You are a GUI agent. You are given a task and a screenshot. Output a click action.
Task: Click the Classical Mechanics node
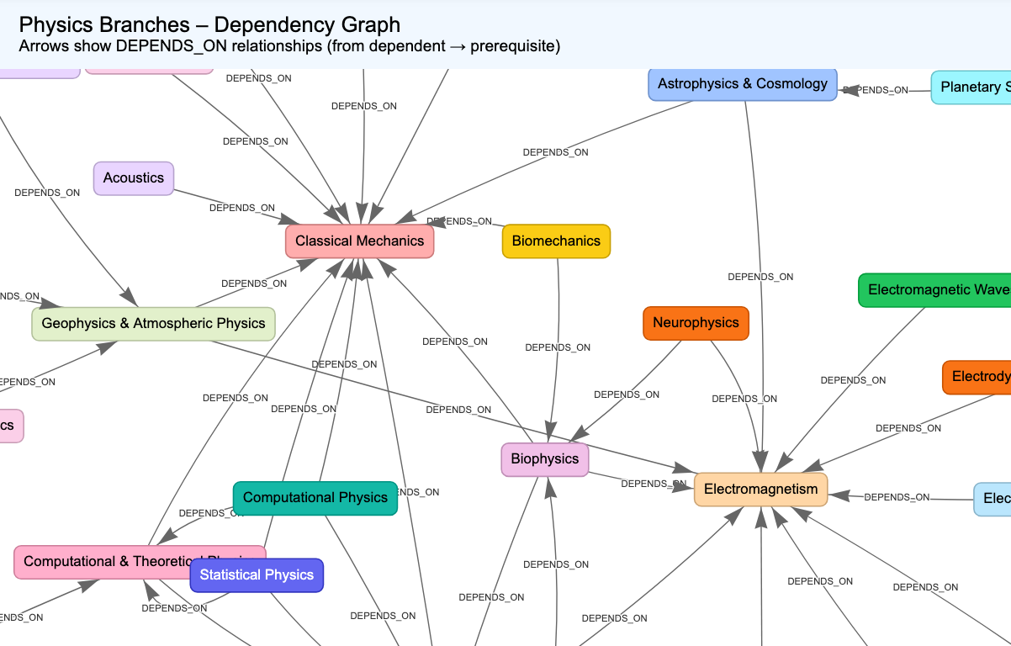click(359, 241)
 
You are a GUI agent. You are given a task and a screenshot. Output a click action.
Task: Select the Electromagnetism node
click(760, 490)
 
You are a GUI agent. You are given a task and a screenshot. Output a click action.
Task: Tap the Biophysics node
click(545, 459)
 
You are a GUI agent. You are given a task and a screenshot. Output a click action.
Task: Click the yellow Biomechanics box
click(556, 241)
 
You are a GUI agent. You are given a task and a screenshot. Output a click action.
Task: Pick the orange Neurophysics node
click(696, 323)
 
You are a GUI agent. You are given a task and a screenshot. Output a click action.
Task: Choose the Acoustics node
click(134, 178)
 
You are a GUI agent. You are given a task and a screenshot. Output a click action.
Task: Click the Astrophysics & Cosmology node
click(742, 84)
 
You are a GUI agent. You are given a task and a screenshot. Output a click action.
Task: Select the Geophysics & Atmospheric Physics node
click(153, 324)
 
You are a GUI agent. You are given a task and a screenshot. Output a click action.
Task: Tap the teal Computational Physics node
click(315, 498)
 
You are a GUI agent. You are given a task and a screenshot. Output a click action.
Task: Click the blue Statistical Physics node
click(257, 575)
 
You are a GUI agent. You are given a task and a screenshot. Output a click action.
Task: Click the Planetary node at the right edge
click(971, 87)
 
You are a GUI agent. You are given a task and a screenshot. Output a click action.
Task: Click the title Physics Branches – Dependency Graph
click(209, 25)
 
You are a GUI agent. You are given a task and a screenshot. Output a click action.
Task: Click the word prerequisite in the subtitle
click(515, 46)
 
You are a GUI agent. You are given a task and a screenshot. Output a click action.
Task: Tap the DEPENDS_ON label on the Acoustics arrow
click(242, 208)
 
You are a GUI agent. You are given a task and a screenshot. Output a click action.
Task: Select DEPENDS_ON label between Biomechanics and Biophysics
click(558, 347)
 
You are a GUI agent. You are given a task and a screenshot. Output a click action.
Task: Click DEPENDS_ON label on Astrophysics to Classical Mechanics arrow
click(555, 152)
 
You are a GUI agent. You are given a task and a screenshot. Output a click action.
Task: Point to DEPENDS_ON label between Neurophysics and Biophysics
click(627, 394)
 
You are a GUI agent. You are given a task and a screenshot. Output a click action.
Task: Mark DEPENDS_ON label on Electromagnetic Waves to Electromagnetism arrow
click(853, 380)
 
